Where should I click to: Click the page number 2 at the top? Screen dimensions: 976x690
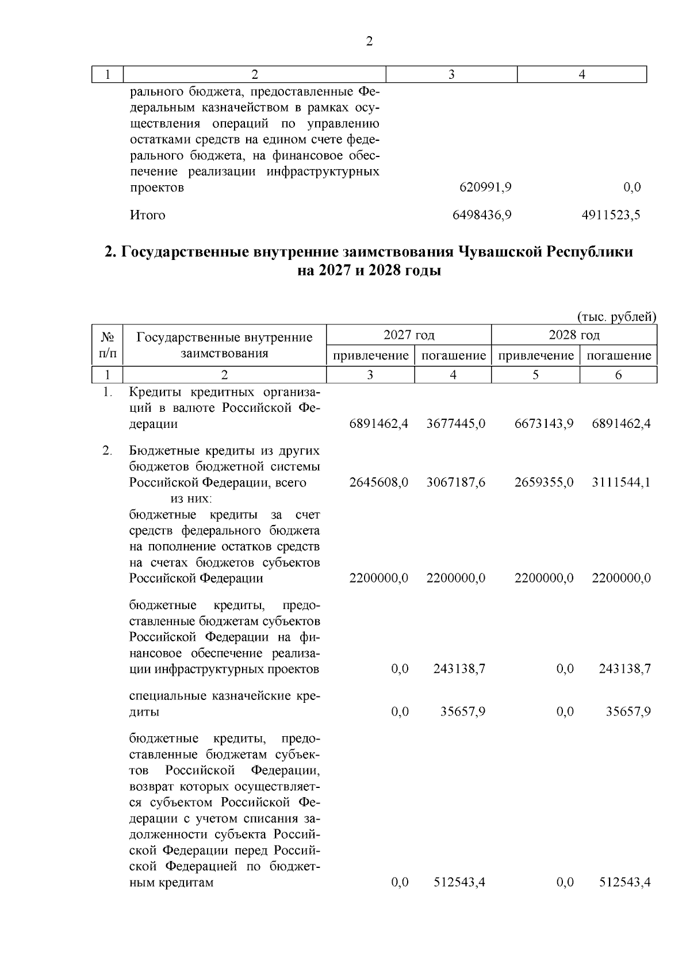pyautogui.click(x=369, y=41)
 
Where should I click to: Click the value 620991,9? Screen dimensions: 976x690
pyautogui.click(x=486, y=187)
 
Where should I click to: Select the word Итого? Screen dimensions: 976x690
pyautogui.click(x=147, y=216)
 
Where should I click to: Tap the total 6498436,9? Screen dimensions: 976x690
pyautogui.click(x=482, y=216)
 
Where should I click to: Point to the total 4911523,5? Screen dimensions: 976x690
pyautogui.click(x=611, y=216)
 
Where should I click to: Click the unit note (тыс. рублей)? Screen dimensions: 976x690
pyautogui.click(x=616, y=317)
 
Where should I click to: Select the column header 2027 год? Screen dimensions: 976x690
pyautogui.click(x=409, y=335)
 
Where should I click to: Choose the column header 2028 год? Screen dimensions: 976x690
pyautogui.click(x=574, y=335)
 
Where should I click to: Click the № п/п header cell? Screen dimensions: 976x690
pyautogui.click(x=108, y=345)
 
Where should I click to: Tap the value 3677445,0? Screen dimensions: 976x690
pyautogui.click(x=456, y=424)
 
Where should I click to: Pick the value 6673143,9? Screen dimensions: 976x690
pyautogui.click(x=544, y=424)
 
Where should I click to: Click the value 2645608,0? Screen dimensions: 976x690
pyautogui.click(x=379, y=483)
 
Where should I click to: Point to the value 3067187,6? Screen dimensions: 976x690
pyautogui.click(x=456, y=483)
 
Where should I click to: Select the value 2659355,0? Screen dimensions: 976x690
pyautogui.click(x=544, y=483)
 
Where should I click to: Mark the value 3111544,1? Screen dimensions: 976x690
pyautogui.click(x=622, y=483)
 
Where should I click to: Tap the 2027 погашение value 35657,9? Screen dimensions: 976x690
pyautogui.click(x=463, y=712)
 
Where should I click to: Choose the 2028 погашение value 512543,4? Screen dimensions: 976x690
pyautogui.click(x=625, y=882)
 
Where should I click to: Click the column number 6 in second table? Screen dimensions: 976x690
pyautogui.click(x=619, y=375)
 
